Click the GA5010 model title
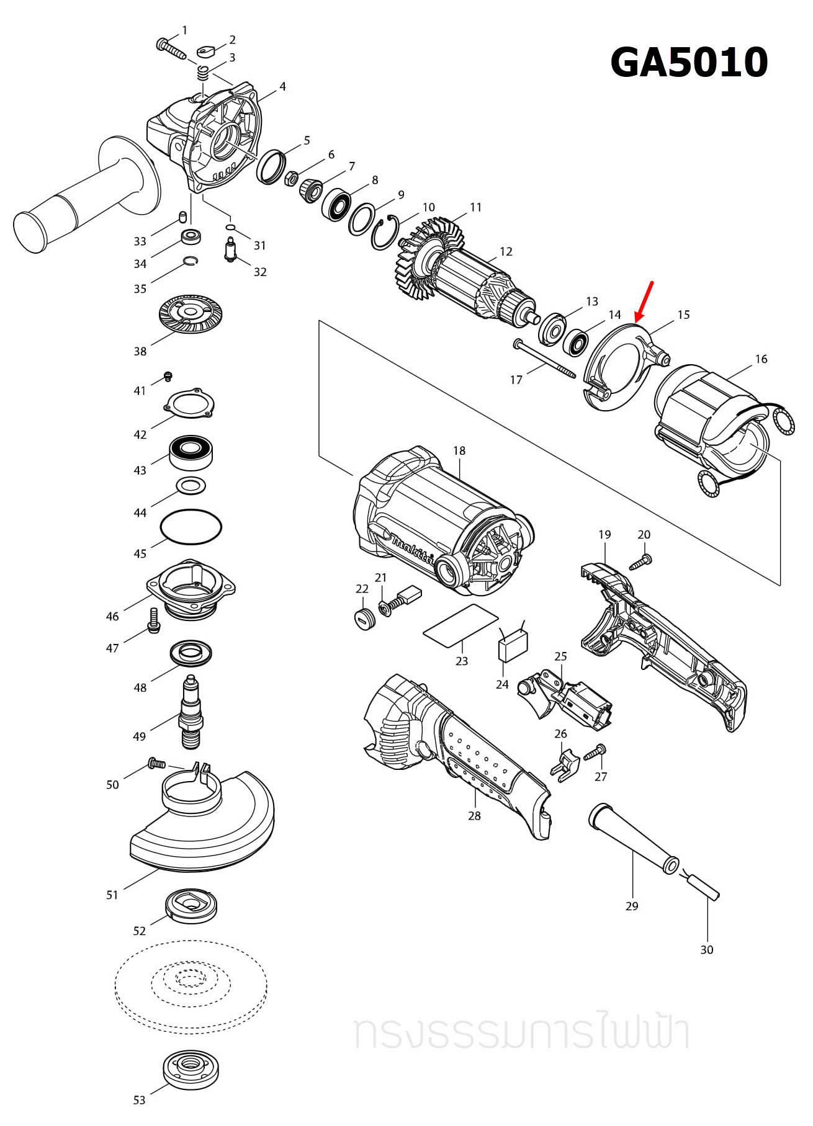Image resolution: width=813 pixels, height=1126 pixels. (x=689, y=62)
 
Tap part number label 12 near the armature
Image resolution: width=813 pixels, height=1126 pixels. (x=506, y=251)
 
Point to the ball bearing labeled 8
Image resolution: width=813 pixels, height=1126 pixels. (x=336, y=203)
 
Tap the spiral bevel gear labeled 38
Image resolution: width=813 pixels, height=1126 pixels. (x=191, y=313)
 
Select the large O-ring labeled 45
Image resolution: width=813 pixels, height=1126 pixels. (x=191, y=527)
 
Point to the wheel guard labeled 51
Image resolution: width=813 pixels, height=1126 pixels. (x=205, y=825)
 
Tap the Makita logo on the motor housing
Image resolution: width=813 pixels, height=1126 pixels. (x=410, y=549)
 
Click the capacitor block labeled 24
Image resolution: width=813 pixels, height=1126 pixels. (x=513, y=646)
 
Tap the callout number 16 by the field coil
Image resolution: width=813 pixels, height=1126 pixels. (x=761, y=359)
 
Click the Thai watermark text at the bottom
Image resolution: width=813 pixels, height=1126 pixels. (x=521, y=1033)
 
